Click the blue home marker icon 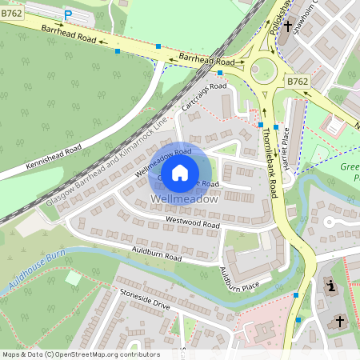tap(180, 172)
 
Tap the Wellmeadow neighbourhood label tap(184, 198)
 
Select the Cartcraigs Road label tap(205, 97)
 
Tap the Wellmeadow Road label tap(162, 162)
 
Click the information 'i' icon tap(330, 286)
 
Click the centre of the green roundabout tap(261, 70)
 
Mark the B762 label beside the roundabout tap(297, 82)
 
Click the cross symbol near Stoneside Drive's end tap(339, 322)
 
